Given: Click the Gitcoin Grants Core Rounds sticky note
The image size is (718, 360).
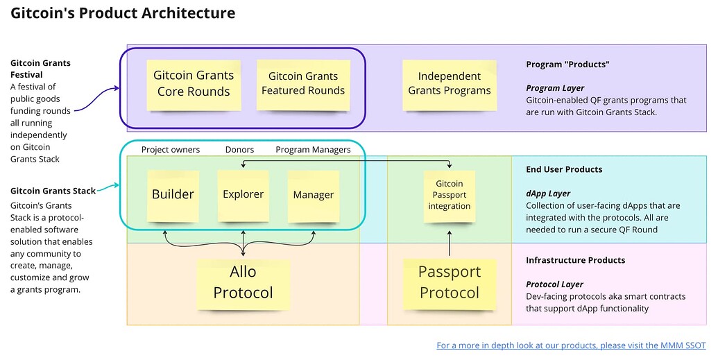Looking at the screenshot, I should [x=194, y=84].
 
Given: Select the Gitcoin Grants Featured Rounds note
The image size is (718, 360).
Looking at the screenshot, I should [x=303, y=84].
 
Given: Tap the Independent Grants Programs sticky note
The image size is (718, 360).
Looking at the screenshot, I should [x=449, y=83].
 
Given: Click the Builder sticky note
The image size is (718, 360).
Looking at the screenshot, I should [x=173, y=195].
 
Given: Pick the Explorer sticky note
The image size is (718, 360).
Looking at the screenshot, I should [x=243, y=194].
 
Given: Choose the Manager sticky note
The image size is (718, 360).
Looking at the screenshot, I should [x=314, y=195].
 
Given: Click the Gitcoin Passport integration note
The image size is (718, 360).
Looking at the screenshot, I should [x=449, y=195].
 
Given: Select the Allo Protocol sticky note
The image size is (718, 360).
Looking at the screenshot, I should [x=243, y=282].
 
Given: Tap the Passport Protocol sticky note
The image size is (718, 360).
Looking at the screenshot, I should [x=449, y=282].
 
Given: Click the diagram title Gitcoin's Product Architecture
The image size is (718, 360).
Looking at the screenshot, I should [x=123, y=13].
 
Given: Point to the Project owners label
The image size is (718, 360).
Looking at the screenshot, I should [x=171, y=150].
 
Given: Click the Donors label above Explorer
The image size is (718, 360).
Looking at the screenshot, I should [x=239, y=150].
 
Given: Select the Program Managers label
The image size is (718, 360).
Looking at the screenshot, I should [x=313, y=150].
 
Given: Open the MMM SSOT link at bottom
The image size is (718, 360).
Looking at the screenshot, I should [x=570, y=345].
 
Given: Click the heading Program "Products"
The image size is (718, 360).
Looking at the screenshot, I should [x=567, y=65].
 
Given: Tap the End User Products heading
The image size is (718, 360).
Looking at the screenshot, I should [x=564, y=169].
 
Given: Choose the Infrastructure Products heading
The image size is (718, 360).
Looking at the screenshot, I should [x=575, y=260].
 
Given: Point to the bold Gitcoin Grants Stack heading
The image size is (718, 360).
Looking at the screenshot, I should [x=53, y=191].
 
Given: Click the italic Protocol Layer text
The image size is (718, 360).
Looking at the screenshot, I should [x=554, y=284].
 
